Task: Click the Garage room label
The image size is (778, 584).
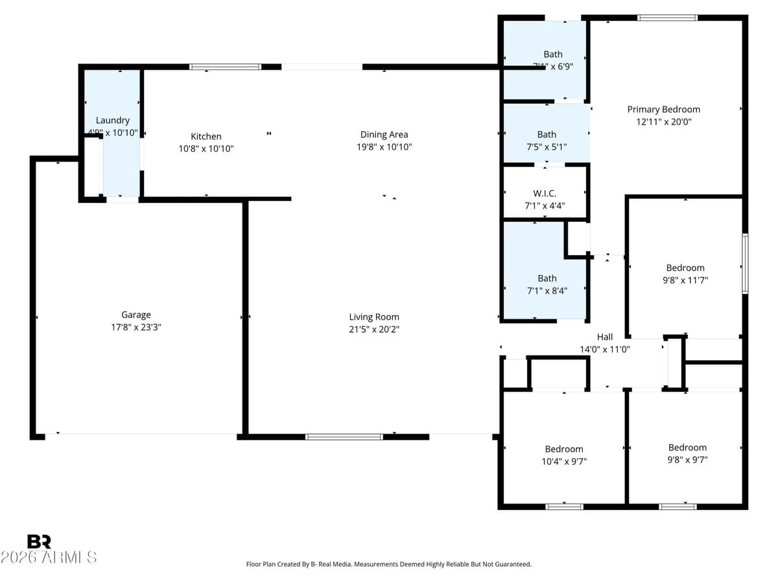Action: point(136,315)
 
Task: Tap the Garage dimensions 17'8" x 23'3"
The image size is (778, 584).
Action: point(136,328)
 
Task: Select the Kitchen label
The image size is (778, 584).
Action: point(206,136)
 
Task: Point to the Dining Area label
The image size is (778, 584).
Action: point(384,134)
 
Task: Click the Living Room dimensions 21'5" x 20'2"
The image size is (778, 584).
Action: point(374,329)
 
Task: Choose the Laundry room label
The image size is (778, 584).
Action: point(113,120)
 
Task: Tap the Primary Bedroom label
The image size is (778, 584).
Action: point(663,109)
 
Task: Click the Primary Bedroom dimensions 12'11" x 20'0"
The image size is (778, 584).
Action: point(663,121)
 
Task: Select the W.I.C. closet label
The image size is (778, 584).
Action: point(545,193)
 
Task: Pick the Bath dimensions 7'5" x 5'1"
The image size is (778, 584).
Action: point(547,147)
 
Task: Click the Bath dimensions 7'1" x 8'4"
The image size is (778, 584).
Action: point(547,291)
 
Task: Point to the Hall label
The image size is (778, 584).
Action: point(605,337)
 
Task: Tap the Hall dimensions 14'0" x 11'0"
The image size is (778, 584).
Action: point(605,349)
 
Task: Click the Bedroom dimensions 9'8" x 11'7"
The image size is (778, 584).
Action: point(685,280)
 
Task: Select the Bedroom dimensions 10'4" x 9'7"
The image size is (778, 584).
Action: point(563,461)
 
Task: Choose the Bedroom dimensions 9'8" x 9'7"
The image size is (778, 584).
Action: point(687,460)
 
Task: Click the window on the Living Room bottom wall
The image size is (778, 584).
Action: point(344,437)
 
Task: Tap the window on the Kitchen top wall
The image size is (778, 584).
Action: point(226,66)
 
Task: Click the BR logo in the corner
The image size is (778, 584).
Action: point(39,542)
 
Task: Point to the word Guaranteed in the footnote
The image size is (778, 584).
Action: point(513,565)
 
